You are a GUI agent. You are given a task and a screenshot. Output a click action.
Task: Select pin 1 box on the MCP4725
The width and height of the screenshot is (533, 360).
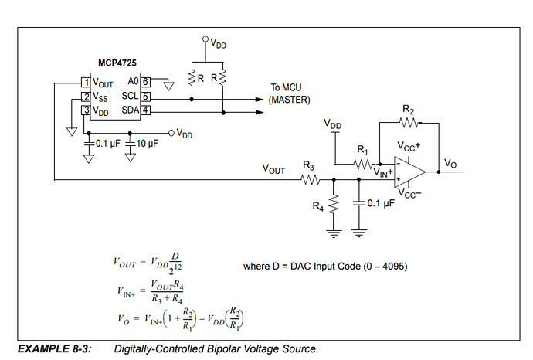click(87, 83)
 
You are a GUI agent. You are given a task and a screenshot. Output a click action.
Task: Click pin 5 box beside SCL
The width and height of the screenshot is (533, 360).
click(144, 97)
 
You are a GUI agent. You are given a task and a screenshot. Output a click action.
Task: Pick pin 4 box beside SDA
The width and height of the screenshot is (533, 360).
click(144, 111)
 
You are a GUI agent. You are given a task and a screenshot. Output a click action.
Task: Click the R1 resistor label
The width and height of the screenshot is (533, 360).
click(362, 149)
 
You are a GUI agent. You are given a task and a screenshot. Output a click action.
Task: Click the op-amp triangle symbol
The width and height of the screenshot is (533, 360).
click(409, 171)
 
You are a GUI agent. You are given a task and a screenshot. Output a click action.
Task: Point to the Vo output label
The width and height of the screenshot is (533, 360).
click(451, 163)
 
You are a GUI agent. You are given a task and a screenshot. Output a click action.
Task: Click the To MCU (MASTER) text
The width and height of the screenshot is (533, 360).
click(290, 93)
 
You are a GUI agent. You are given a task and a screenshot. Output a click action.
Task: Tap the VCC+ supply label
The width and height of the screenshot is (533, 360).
click(409, 146)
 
